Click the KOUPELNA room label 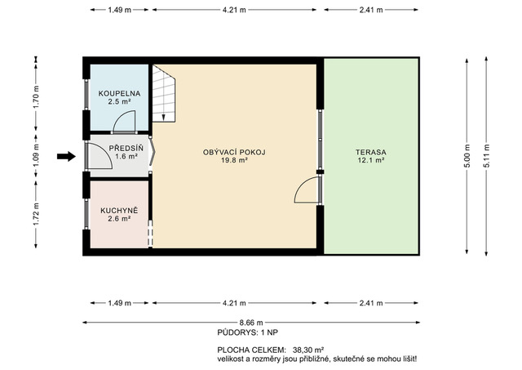point(119,94)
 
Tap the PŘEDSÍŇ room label point(126,148)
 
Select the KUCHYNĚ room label point(119,211)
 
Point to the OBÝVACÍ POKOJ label point(234,153)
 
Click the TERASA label point(371,153)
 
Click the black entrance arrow point(67,156)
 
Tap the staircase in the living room point(164,93)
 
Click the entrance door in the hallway point(100,156)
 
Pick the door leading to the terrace point(307,189)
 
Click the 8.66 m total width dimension point(251,323)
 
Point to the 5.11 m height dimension point(486,156)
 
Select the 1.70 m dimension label point(36,97)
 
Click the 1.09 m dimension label point(36,156)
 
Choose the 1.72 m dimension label point(36,214)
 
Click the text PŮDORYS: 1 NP point(248,332)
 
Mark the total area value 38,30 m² point(308,350)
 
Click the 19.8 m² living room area point(234,160)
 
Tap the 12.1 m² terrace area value point(371,160)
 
